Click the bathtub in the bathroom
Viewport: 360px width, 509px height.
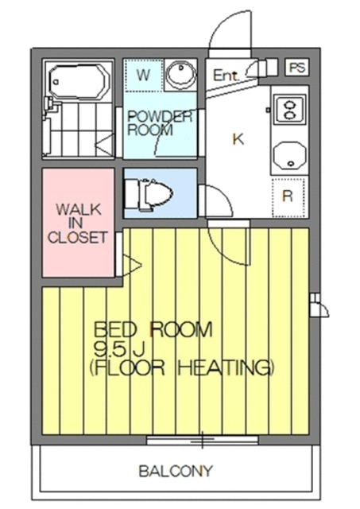click(x=78, y=81)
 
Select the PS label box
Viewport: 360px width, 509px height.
click(x=297, y=68)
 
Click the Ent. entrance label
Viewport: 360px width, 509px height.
click(x=226, y=76)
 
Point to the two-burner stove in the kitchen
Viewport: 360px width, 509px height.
click(x=289, y=110)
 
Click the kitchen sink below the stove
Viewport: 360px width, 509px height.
click(x=289, y=155)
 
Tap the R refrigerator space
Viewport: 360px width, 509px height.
click(x=288, y=196)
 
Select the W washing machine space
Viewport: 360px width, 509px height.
click(x=143, y=75)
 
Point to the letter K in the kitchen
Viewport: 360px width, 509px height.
click(x=238, y=139)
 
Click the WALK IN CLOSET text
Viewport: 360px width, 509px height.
click(x=78, y=223)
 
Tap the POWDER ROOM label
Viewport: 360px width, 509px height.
click(x=160, y=123)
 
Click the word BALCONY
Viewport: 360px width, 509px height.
click(x=176, y=471)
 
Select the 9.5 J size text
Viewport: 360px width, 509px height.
click(x=119, y=349)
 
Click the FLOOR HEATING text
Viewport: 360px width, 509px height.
click(x=182, y=367)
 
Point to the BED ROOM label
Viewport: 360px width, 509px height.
click(x=153, y=329)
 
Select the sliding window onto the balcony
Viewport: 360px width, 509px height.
click(x=203, y=440)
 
